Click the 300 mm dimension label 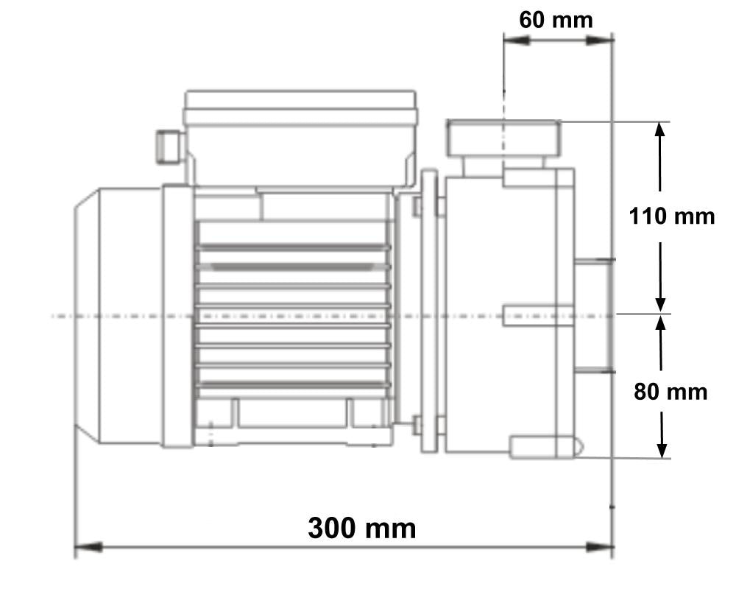click(x=361, y=528)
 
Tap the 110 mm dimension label click(x=671, y=216)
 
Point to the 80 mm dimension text click(x=670, y=392)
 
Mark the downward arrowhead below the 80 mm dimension click(x=662, y=449)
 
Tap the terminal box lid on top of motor click(x=300, y=107)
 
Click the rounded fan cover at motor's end click(x=118, y=317)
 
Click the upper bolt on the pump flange click(x=417, y=206)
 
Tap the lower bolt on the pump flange click(x=417, y=425)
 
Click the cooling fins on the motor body click(x=293, y=317)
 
